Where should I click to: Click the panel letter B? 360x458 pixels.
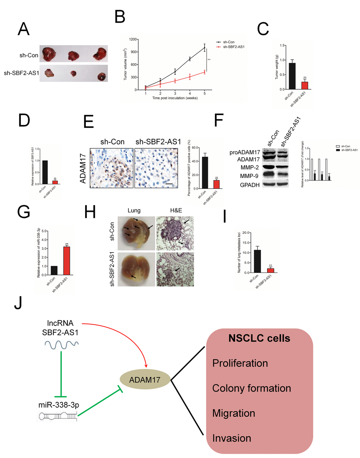click(120, 17)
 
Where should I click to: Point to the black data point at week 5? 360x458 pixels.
click(204, 48)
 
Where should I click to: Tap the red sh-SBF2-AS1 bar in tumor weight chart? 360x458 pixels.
click(305, 85)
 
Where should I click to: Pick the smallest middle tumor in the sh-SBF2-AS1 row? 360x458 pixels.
click(73, 73)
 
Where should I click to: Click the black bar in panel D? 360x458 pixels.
click(45, 172)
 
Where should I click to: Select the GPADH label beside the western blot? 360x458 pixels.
click(250, 185)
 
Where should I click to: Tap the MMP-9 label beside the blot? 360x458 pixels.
click(249, 176)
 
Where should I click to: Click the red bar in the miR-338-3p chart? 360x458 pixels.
click(66, 261)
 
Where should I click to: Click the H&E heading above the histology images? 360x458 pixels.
click(176, 210)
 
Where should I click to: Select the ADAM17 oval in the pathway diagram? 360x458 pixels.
click(145, 380)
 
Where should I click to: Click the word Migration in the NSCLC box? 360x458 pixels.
click(234, 413)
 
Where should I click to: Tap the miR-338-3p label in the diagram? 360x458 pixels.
click(59, 405)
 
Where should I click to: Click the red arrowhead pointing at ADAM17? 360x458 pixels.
click(146, 365)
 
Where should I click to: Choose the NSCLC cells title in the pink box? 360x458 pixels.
click(259, 338)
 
